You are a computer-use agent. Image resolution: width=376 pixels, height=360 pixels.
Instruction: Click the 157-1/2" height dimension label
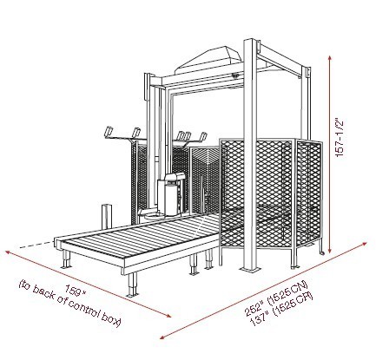pos(340,138)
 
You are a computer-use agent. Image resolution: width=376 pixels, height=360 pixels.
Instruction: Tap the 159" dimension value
pos(76,291)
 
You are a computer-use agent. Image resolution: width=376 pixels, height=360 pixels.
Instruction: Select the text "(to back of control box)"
pos(69,304)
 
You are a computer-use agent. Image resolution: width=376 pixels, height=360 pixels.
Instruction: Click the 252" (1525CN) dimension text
pos(275,298)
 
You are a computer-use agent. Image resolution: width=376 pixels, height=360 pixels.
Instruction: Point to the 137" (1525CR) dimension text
pos(281,310)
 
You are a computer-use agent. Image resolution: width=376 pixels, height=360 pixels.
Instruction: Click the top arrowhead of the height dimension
pos(330,58)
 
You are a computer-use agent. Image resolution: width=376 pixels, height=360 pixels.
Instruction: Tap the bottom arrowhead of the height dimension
pos(330,250)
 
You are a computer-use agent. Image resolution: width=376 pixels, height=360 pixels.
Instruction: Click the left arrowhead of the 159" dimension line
pos(9,253)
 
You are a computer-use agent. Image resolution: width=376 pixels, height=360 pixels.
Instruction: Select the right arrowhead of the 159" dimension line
pos(168,315)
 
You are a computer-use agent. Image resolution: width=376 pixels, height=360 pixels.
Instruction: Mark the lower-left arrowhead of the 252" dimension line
pos(163,337)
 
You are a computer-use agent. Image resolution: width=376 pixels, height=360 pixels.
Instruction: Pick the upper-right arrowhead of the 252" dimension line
pos(364,245)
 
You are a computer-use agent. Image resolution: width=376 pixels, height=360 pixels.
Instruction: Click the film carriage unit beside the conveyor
pos(171,194)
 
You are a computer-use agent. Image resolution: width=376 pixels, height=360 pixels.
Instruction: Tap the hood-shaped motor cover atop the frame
pos(209,59)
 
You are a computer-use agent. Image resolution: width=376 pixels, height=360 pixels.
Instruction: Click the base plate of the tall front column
pos(249,270)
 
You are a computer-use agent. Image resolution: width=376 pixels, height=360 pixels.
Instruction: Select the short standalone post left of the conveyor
pos(107,217)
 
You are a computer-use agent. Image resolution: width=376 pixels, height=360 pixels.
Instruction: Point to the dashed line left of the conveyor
pos(36,245)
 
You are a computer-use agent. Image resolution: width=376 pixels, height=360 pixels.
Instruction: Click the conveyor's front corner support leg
pos(133,285)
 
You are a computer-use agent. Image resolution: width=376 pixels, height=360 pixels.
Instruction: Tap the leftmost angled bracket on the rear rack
pos(108,131)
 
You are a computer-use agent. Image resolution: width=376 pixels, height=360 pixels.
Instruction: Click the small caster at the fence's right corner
pos(322,253)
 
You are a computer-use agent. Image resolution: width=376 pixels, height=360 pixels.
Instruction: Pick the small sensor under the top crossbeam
pos(235,75)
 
